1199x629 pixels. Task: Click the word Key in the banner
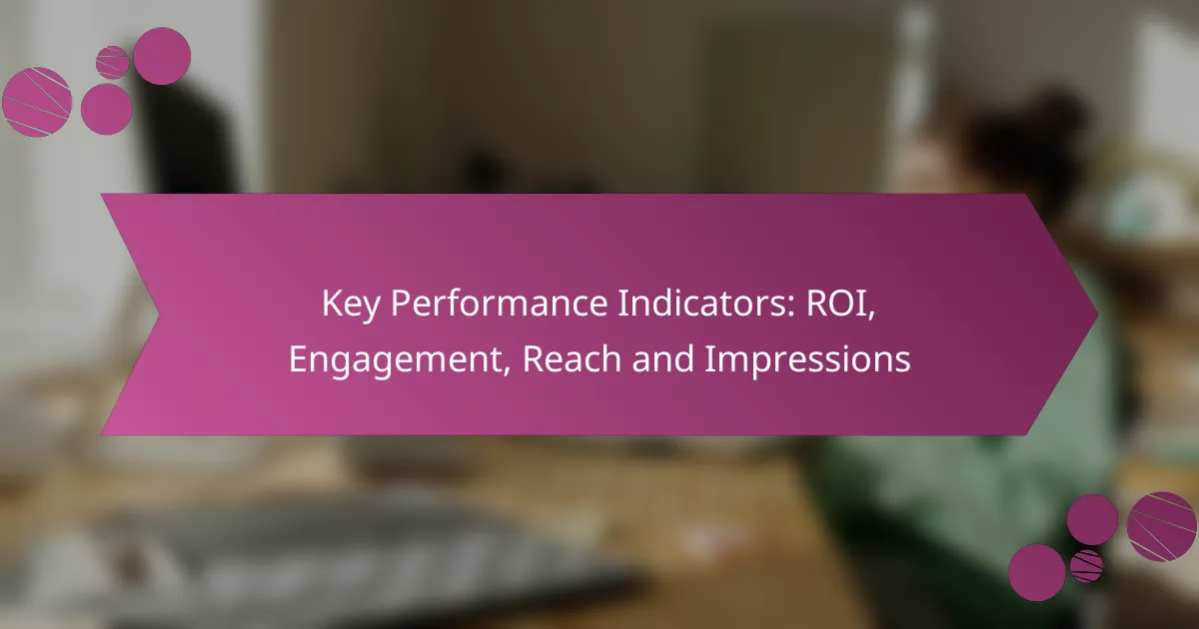click(351, 305)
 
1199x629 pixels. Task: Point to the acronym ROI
click(836, 304)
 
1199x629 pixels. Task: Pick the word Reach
click(572, 358)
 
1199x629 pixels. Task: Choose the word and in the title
click(662, 358)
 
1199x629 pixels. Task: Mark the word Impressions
click(807, 360)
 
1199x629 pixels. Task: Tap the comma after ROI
click(872, 316)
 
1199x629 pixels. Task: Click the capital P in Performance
click(402, 304)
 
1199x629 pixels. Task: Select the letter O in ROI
click(842, 304)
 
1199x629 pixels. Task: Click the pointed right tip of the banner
click(1098, 314)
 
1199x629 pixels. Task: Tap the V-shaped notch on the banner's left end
click(159, 314)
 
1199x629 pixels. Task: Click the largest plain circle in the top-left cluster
click(162, 56)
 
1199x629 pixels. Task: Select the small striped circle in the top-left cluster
click(112, 63)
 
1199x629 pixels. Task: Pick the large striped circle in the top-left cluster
click(37, 102)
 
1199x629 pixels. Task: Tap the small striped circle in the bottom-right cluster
click(1087, 566)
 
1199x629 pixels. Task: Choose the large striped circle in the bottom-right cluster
click(1161, 527)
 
